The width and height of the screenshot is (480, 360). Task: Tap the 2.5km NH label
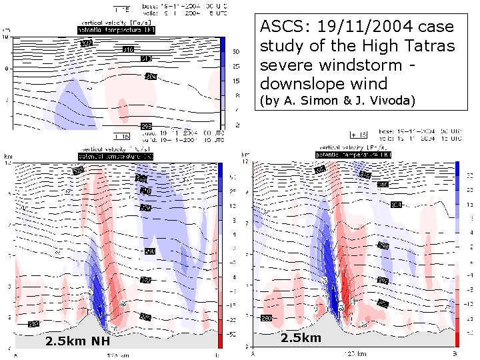coord(77,342)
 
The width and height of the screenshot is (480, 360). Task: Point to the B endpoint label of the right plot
coord(455,353)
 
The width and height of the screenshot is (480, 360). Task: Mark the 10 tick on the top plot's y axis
coord(7,38)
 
